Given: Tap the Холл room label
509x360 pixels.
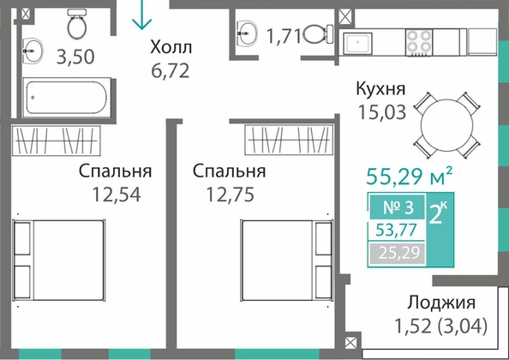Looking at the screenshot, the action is pos(171,47).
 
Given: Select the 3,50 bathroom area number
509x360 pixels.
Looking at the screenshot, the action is pos(75,57).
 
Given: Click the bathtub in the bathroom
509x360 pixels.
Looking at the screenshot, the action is pos(67,98).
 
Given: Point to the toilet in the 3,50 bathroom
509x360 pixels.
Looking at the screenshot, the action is pos(77,23).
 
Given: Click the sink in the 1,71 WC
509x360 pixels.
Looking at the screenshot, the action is pos(247,33).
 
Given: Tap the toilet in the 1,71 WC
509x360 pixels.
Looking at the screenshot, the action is pos(318,34).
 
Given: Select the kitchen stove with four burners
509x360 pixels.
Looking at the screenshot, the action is pos(419,43).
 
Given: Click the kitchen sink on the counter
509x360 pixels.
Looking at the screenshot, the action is pos(357,43).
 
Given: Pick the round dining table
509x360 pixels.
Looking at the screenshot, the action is pos(446,125).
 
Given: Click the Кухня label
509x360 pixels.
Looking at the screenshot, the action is pos(380,89).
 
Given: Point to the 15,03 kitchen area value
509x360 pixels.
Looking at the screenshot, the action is pos(382,112).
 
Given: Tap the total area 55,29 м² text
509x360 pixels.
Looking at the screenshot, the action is pos(409,177).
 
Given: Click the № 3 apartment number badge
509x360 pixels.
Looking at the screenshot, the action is pos(398,207).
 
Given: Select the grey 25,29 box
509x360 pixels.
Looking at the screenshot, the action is pos(398,253).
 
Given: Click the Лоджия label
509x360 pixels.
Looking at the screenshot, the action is pos(441,303).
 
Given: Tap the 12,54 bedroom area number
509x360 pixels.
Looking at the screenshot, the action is pos(117,195).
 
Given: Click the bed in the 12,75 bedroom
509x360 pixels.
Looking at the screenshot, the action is pos(286,261).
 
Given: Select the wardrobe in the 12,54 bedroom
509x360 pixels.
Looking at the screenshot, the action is pos(57,141).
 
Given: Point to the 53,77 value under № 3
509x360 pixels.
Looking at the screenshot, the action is pos(396,230).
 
